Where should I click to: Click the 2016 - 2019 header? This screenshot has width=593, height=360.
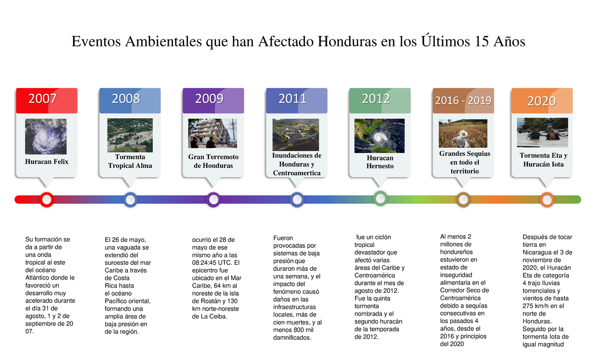click(x=463, y=101)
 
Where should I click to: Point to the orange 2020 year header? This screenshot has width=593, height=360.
click(x=542, y=101)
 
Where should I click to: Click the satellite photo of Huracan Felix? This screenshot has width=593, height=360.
click(x=46, y=136)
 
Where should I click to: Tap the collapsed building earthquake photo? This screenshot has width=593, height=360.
click(x=212, y=133)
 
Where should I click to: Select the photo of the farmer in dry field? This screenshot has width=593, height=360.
click(x=463, y=133)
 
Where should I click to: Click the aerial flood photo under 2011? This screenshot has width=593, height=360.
click(x=296, y=134)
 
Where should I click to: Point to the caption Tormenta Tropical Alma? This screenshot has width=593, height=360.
click(x=130, y=161)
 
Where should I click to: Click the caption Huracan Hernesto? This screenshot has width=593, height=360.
click(x=380, y=162)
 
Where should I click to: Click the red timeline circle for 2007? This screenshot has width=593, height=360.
click(x=46, y=200)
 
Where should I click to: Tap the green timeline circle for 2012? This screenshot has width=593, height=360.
click(x=380, y=199)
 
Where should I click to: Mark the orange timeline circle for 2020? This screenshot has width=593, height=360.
click(x=547, y=200)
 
